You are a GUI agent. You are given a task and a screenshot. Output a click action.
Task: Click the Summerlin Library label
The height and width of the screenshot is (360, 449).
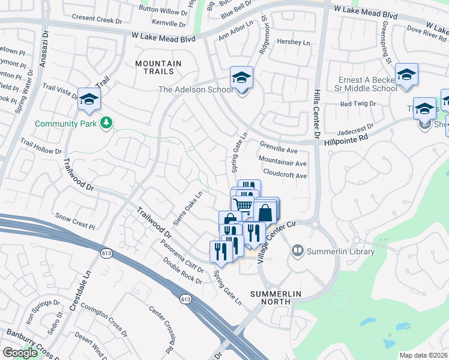pyautogui.click(x=340, y=251)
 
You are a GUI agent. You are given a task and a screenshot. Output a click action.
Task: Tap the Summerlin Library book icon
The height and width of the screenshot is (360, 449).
pyautogui.click(x=297, y=250)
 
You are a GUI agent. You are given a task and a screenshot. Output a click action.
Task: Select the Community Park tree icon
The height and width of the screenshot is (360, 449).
pyautogui.click(x=106, y=123)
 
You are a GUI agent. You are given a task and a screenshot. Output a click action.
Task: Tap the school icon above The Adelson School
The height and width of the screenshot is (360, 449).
pyautogui.click(x=241, y=78)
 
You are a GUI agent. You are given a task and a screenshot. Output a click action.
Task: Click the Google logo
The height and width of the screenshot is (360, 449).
pyautogui.click(x=20, y=353)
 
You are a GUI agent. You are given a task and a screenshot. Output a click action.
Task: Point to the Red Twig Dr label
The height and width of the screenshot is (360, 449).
pyautogui.click(x=357, y=104)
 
